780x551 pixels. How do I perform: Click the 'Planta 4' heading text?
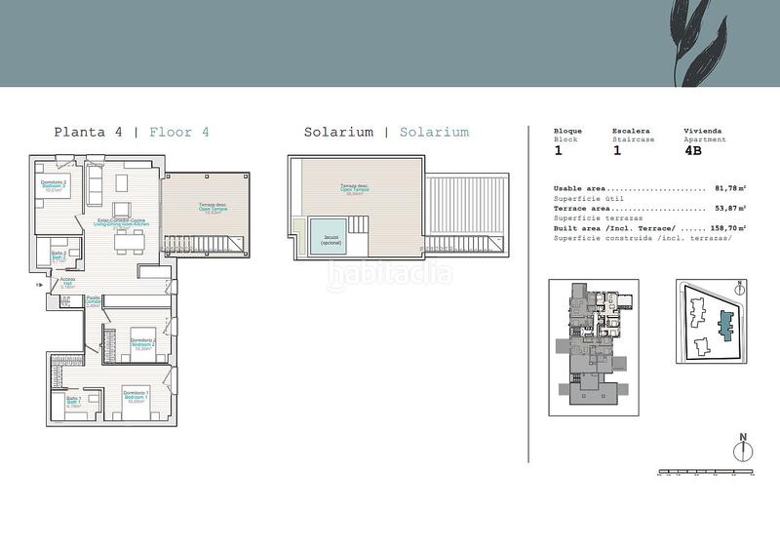(x=88, y=132)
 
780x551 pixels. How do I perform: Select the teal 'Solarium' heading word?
(x=434, y=132)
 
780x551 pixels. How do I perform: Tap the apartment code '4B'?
(x=696, y=151)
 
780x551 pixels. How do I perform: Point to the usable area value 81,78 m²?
(x=729, y=188)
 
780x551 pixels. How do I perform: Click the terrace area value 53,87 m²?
(x=729, y=208)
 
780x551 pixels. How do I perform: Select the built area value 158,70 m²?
(x=727, y=227)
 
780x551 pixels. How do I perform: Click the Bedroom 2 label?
(x=143, y=343)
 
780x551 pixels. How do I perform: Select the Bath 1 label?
(x=73, y=400)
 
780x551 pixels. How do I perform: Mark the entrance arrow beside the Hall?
(x=39, y=285)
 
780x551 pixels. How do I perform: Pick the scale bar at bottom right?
(x=707, y=472)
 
